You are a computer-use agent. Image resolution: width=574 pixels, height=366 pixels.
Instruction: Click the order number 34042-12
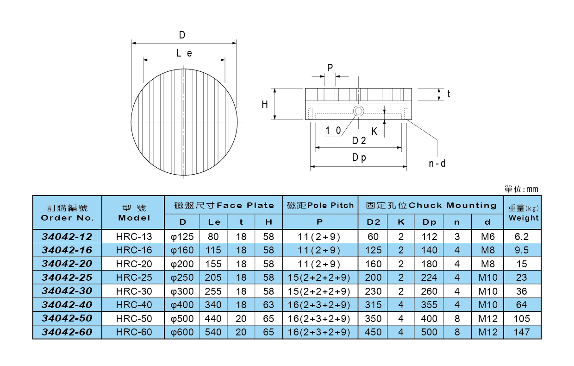[67, 237]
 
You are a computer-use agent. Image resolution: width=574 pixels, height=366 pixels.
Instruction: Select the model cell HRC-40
[134, 305]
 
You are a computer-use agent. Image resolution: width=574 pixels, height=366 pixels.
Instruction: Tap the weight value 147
[522, 332]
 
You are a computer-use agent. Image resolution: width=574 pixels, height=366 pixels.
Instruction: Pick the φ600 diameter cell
[182, 332]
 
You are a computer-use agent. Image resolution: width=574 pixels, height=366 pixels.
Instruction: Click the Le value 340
[213, 305]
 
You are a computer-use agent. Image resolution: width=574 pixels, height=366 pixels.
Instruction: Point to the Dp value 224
[429, 278]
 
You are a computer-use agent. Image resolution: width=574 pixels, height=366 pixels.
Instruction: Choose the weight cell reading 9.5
[522, 250]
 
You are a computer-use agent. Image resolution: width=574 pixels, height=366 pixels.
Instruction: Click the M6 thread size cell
[488, 237]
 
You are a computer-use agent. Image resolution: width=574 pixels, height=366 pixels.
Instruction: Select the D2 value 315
[373, 305]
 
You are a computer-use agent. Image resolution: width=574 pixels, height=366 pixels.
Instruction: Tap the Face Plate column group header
[224, 205]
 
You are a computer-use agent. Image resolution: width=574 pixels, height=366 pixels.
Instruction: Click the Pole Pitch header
[320, 205]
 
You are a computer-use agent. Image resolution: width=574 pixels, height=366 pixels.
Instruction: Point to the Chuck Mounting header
[431, 205]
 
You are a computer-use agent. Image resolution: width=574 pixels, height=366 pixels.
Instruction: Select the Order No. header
[67, 213]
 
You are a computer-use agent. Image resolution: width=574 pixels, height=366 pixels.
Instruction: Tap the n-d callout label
[437, 164]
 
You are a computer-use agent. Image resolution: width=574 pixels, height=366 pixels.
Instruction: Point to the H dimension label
[265, 105]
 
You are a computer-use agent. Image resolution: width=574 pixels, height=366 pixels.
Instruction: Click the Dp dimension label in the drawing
[359, 158]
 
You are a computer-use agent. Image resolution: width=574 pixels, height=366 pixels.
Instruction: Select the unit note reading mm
[522, 189]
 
